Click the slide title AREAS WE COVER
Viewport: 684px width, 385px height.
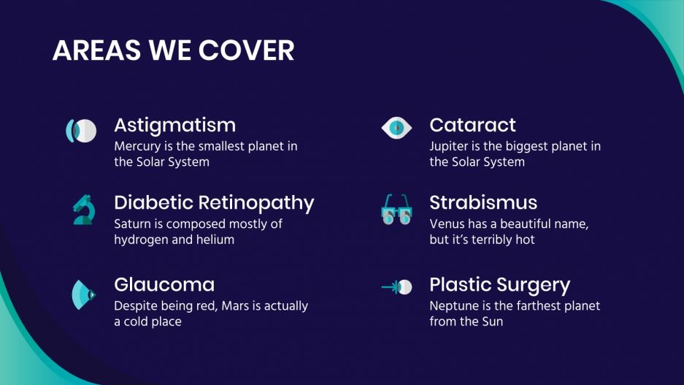click(x=173, y=50)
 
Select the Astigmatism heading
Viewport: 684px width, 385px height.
click(x=174, y=125)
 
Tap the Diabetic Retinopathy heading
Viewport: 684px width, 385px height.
click(x=214, y=202)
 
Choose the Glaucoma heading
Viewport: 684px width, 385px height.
click(x=164, y=284)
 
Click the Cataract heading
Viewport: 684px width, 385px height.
click(x=472, y=125)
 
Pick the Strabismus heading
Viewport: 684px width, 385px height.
click(x=483, y=202)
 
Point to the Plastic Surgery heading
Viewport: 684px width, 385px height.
click(x=499, y=284)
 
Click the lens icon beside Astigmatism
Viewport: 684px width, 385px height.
click(x=81, y=131)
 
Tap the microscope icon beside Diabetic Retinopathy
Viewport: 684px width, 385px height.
click(x=82, y=210)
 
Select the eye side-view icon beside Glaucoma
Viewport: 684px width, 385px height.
click(x=82, y=294)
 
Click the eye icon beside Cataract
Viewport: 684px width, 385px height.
click(x=396, y=129)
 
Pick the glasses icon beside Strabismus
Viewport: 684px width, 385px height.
click(x=396, y=209)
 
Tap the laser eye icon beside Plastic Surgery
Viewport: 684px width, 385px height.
click(x=396, y=287)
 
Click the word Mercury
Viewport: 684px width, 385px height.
click(x=137, y=146)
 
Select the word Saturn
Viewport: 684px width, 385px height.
click(x=132, y=224)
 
